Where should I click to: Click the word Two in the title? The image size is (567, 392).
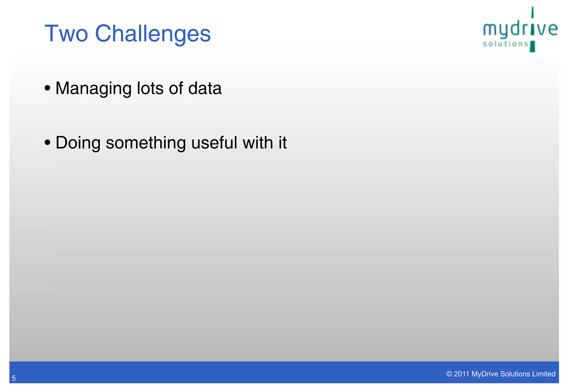pos(66,34)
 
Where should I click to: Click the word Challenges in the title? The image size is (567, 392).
pos(153,34)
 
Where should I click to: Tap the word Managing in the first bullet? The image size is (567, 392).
pos(93,88)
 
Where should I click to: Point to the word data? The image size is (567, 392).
pos(205,88)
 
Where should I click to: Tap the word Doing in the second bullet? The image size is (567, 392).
pos(78,143)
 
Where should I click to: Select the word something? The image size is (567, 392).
pos(146,143)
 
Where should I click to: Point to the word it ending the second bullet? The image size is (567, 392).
pos(282,143)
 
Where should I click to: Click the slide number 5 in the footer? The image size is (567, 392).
pos(14,378)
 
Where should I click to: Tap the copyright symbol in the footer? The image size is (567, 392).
pos(449,374)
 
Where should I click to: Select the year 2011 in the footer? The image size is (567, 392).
pos(462,374)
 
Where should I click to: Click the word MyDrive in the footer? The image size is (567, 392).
pos(484,374)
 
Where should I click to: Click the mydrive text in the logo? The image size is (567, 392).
pos(520,29)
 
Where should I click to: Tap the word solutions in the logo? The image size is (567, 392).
pos(506,44)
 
